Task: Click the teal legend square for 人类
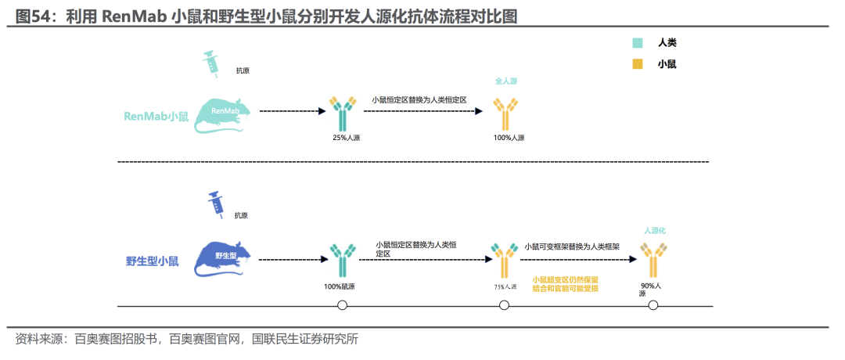638,43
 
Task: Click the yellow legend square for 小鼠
638,64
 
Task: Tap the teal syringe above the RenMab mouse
211,63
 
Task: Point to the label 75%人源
505,286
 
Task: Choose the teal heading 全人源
506,81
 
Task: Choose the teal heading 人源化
654,230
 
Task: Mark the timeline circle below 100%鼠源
341,304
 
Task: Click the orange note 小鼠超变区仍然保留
565,279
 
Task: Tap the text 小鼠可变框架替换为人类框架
572,246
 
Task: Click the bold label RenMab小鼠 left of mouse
156,117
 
